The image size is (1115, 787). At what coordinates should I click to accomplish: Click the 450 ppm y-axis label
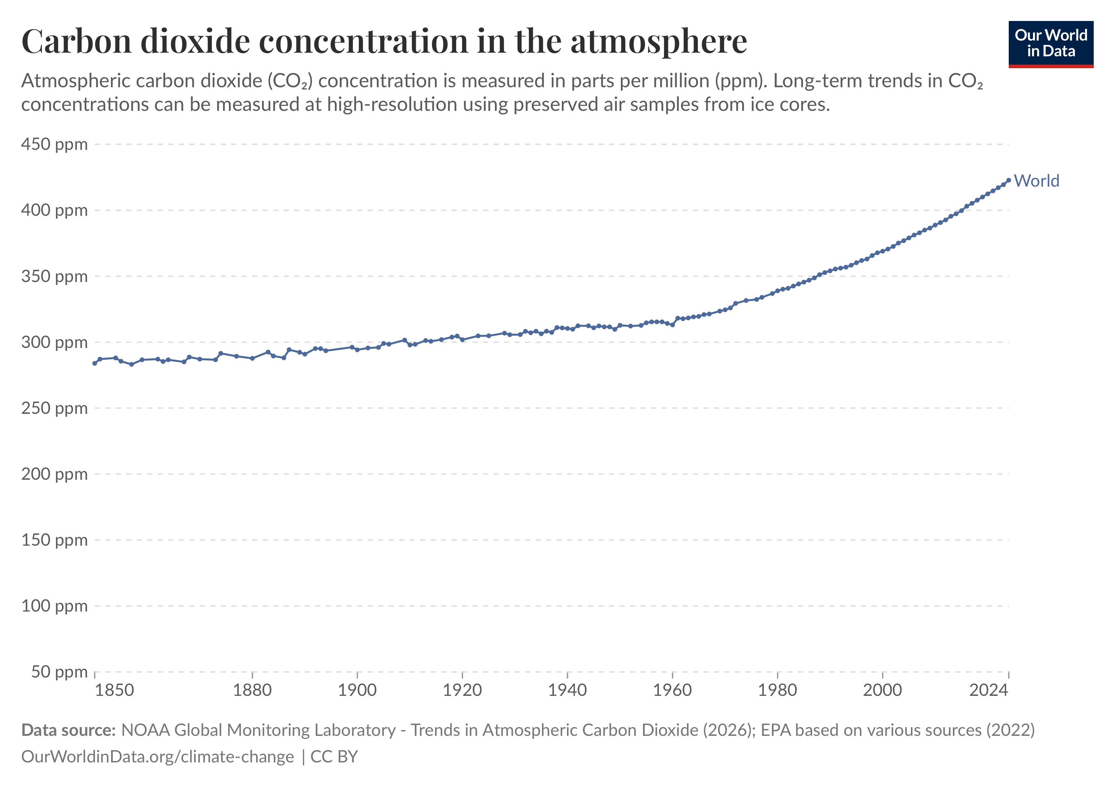tap(54, 144)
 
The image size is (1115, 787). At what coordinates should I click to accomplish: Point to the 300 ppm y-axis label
tap(54, 342)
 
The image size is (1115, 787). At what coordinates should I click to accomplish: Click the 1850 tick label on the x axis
tap(114, 690)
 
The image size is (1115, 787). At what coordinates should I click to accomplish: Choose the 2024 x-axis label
tap(989, 690)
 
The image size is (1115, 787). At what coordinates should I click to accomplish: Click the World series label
tap(1036, 181)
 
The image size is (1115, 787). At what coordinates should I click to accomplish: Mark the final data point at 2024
tap(1009, 180)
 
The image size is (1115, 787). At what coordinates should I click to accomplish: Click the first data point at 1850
tap(95, 363)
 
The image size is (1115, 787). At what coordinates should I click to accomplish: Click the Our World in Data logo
tap(1051, 44)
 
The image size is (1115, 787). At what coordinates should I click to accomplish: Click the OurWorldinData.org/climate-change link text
tap(157, 757)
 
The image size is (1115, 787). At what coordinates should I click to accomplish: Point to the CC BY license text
tap(334, 757)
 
